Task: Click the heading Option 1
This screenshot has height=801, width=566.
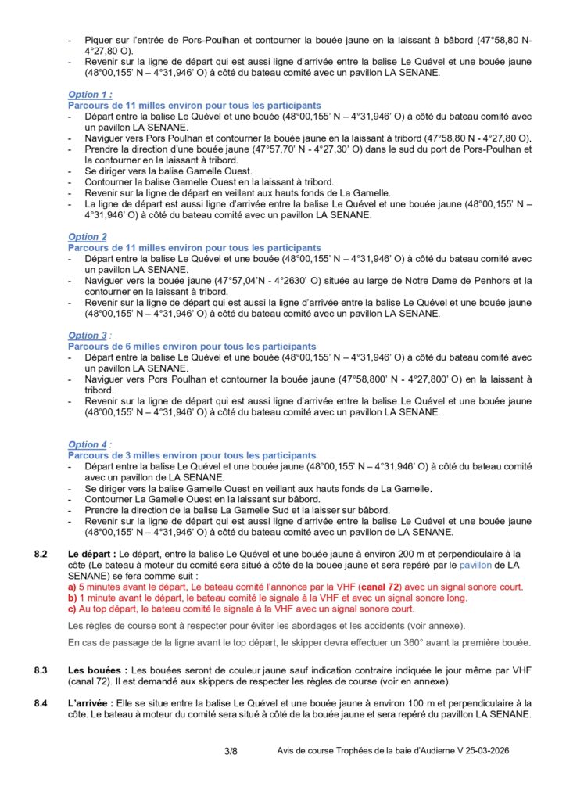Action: [88, 95]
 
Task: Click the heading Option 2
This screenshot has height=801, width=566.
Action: [87, 237]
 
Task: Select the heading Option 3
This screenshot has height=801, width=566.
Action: [87, 336]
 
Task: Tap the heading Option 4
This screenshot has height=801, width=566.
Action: [87, 444]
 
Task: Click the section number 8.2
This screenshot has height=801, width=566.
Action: [44, 555]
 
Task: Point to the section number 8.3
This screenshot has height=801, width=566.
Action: [44, 670]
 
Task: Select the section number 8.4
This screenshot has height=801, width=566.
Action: [44, 704]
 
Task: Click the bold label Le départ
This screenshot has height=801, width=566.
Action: [91, 555]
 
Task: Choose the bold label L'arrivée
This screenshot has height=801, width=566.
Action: [92, 704]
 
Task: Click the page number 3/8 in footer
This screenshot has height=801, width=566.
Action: [231, 752]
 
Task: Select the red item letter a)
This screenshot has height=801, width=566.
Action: [73, 587]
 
